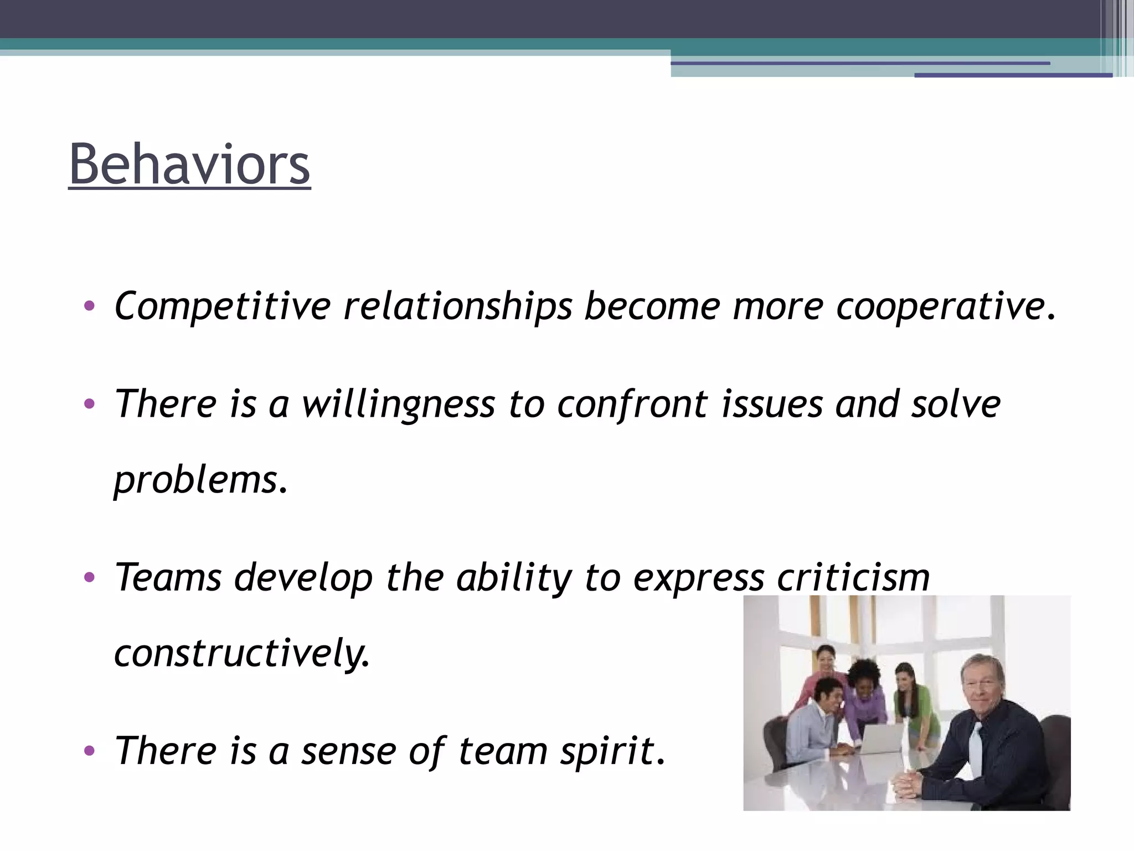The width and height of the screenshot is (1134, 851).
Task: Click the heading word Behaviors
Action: [x=189, y=165]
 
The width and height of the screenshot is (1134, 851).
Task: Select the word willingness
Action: [x=398, y=404]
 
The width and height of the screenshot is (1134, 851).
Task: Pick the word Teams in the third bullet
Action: [x=168, y=578]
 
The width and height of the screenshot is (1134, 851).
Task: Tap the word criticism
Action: [x=853, y=578]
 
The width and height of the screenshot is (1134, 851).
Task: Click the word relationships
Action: [x=457, y=306]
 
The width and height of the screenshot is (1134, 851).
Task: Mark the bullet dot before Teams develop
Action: [x=89, y=578]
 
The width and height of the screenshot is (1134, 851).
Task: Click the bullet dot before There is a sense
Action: [x=89, y=751]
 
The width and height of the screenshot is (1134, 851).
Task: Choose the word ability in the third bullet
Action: [x=513, y=578]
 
